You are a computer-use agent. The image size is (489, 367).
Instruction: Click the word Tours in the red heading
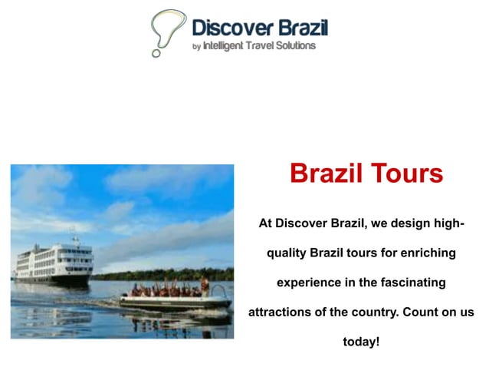click(406, 173)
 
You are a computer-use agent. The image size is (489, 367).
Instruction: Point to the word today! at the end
click(361, 342)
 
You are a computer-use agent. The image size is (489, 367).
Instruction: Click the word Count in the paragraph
click(424, 312)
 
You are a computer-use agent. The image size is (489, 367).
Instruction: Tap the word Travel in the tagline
click(261, 46)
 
